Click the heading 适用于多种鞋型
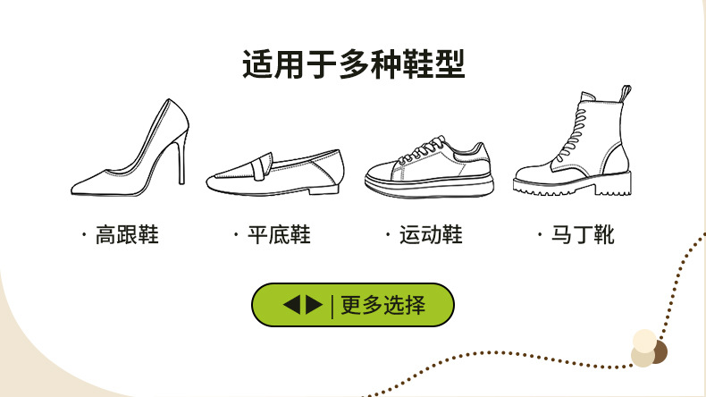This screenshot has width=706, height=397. pos(353,63)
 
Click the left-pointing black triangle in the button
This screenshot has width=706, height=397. pos(292,306)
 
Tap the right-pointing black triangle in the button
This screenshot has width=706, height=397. pos(313,306)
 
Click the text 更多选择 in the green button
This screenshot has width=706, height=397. pos(382,306)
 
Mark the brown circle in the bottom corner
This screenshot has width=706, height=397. pos(660,351)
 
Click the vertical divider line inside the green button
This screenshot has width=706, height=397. pos(332,306)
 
